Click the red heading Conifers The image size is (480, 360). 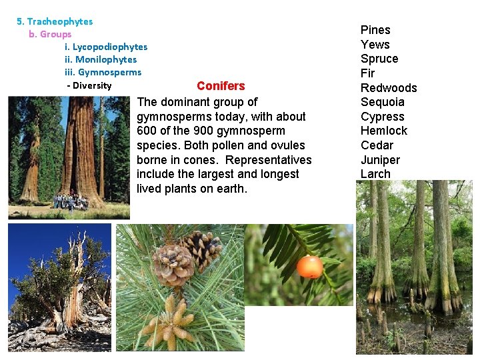pyautogui.click(x=221, y=86)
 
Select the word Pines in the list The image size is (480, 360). pyautogui.click(x=375, y=30)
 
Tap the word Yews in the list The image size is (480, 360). pyautogui.click(x=375, y=45)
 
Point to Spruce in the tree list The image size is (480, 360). pyautogui.click(x=379, y=59)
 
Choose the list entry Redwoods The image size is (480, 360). pyautogui.click(x=389, y=88)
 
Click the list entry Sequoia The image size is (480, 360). pyautogui.click(x=382, y=102)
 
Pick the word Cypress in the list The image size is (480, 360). pyautogui.click(x=382, y=117)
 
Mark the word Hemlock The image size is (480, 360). pyautogui.click(x=383, y=131)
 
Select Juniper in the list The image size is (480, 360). pyautogui.click(x=380, y=160)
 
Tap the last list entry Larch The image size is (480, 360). pyautogui.click(x=375, y=174)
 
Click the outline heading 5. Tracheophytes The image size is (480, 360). pyautogui.click(x=55, y=21)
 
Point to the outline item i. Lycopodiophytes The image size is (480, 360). pyautogui.click(x=106, y=47)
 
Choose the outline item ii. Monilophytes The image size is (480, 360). pyautogui.click(x=101, y=59)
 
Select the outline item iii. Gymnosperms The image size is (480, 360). pyautogui.click(x=103, y=72)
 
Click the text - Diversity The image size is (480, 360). pyautogui.click(x=89, y=85)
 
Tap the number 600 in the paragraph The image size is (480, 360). pyautogui.click(x=147, y=131)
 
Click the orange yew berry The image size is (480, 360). pyautogui.click(x=309, y=267)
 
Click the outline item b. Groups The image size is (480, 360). pyautogui.click(x=50, y=34)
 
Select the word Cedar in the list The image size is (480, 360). pyautogui.click(x=377, y=145)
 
